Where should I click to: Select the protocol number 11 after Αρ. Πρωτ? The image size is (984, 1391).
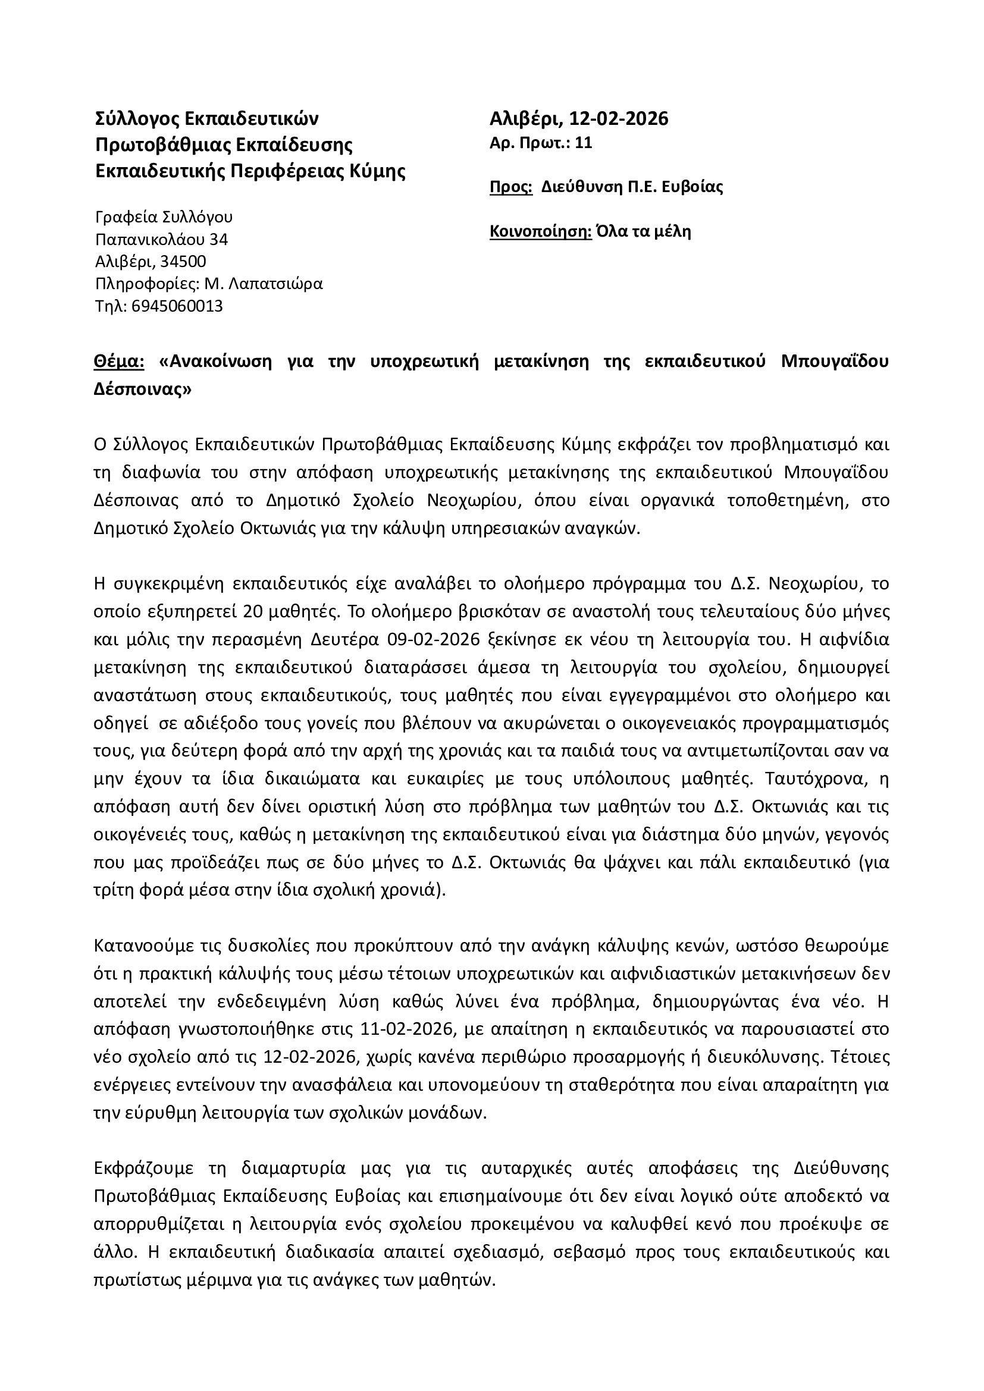tap(584, 143)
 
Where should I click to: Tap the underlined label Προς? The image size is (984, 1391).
tap(511, 187)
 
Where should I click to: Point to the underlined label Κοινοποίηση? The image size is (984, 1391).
tap(540, 231)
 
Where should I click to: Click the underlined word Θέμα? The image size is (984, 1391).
tap(119, 362)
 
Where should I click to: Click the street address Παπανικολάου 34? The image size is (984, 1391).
tap(161, 239)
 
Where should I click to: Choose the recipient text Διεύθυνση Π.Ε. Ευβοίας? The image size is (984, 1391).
tap(632, 187)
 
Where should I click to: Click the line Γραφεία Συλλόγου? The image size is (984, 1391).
tap(164, 217)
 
